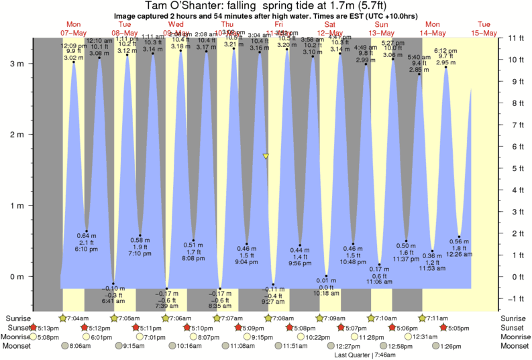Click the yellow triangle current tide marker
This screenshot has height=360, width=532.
(x=266, y=156)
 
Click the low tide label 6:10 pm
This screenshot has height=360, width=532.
(x=87, y=249)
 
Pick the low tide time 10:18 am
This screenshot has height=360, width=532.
(x=327, y=294)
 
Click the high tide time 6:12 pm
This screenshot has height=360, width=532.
(x=446, y=51)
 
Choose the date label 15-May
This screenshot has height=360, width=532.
(x=483, y=32)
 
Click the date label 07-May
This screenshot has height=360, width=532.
(x=73, y=32)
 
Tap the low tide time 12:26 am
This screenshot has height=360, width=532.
(x=460, y=255)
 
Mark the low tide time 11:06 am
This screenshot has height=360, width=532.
(x=380, y=284)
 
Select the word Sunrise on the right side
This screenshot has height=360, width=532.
(x=513, y=318)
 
